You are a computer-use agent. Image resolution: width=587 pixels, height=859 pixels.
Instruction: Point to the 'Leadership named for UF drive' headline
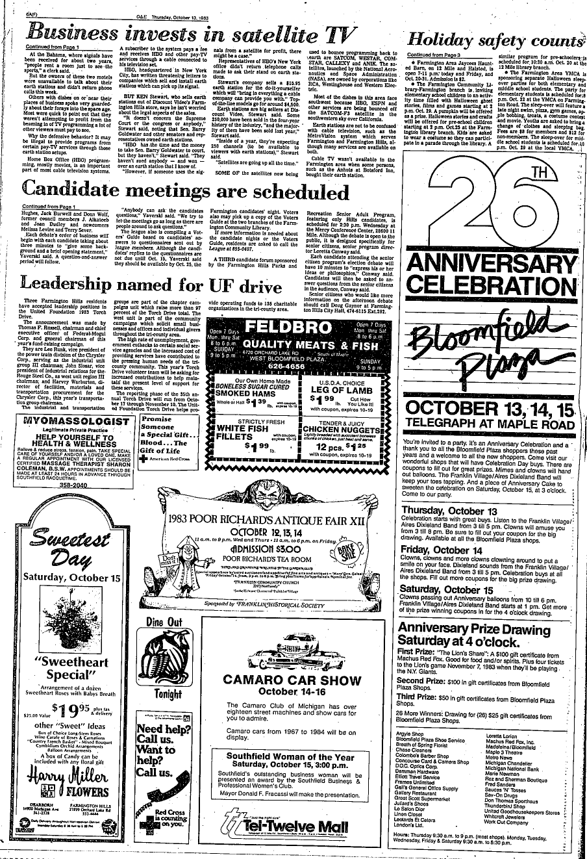click(151, 285)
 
